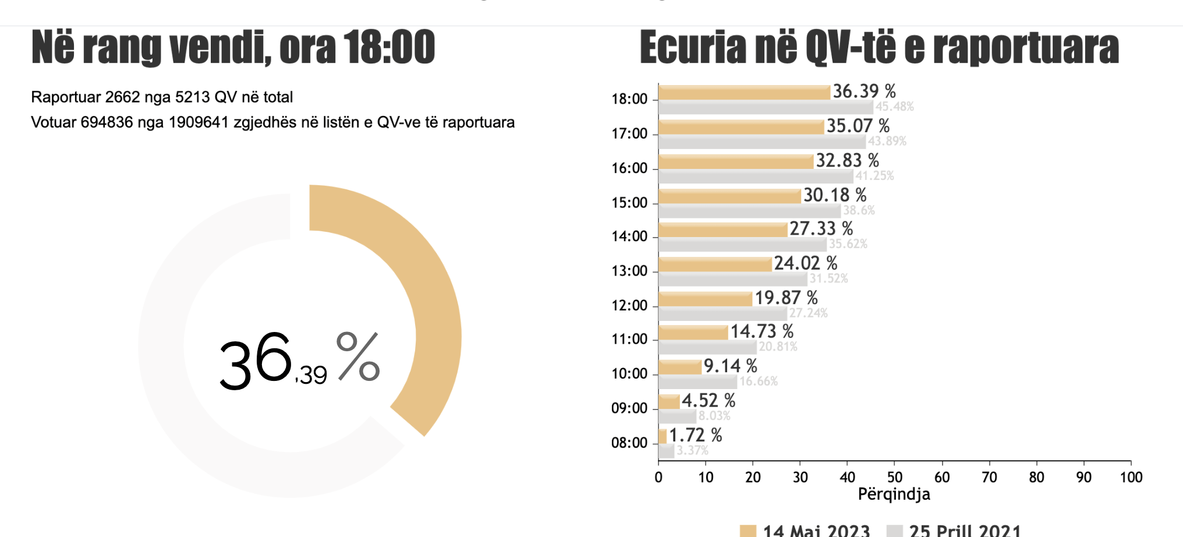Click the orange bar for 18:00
pos(744,93)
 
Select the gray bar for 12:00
pos(722,314)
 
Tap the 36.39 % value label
pos(864,91)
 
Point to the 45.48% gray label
pos(894,107)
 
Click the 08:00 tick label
pos(629,443)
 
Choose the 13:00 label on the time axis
pos(629,271)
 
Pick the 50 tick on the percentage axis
pos(895,478)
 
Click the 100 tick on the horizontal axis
pos(1131,478)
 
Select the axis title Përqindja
pos(894,494)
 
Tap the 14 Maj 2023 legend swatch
pos(748,531)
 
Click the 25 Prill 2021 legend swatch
pos(895,531)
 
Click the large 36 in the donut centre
pos(256,361)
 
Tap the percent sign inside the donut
pos(358,357)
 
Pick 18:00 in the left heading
pos(389,48)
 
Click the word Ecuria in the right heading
pos(693,48)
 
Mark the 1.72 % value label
pos(695,435)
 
